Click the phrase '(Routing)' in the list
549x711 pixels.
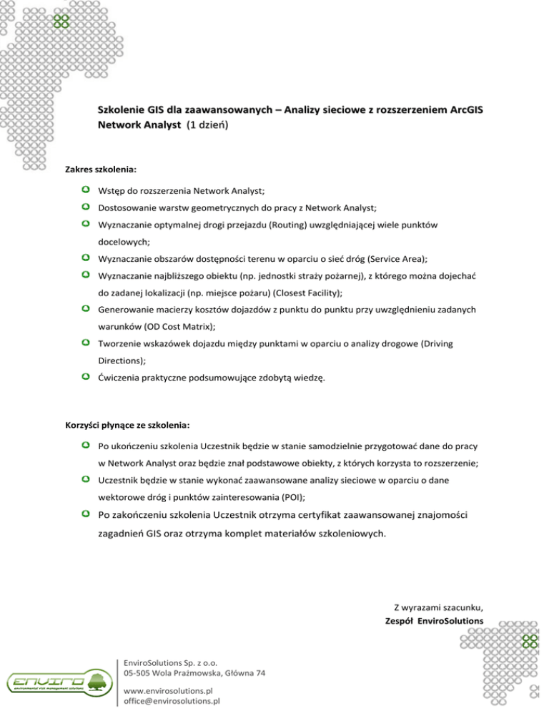tap(305, 225)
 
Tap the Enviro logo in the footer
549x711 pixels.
tap(57, 682)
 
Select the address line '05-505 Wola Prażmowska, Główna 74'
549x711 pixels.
tap(194, 674)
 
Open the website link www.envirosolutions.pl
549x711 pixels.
tap(169, 691)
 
